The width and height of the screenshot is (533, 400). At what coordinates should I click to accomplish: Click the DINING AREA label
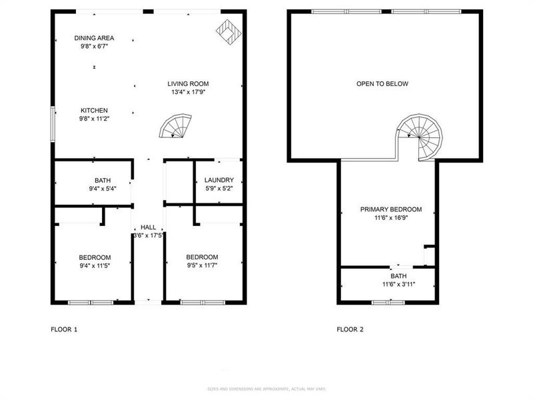[94, 38]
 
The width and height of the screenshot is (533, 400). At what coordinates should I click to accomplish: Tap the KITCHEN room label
[94, 111]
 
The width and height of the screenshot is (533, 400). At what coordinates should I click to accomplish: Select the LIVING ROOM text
[188, 84]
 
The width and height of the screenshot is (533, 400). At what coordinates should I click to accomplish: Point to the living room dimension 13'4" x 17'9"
[188, 93]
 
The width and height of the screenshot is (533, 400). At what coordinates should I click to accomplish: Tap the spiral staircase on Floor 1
[176, 127]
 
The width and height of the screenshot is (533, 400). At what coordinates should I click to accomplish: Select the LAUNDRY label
[219, 180]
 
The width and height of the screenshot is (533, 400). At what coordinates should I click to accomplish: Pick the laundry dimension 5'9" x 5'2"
[219, 189]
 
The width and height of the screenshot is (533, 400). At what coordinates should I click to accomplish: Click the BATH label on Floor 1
[103, 180]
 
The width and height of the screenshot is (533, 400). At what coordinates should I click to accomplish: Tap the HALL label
[148, 227]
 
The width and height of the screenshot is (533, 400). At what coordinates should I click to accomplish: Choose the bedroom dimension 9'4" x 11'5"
[95, 265]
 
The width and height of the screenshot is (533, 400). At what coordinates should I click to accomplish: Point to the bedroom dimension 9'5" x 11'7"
[202, 265]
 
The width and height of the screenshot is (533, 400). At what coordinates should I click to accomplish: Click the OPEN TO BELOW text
[382, 84]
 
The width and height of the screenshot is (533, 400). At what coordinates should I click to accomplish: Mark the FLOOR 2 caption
[350, 329]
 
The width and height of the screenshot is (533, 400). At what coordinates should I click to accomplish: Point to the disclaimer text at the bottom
[266, 389]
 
